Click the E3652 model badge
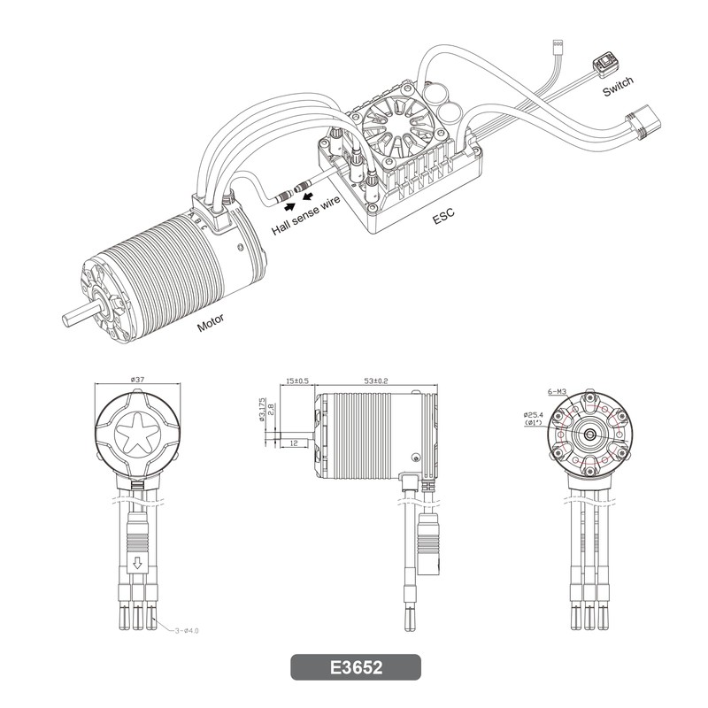click(x=356, y=667)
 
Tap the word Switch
click(x=618, y=86)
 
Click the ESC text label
click(x=443, y=216)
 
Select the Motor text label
click(x=211, y=322)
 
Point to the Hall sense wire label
click(x=305, y=214)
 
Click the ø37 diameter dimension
click(x=137, y=380)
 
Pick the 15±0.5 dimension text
click(x=297, y=381)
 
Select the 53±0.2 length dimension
click(x=375, y=381)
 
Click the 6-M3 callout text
click(x=558, y=391)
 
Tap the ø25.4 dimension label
click(x=534, y=414)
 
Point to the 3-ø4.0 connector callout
click(x=187, y=630)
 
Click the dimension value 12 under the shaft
click(x=294, y=443)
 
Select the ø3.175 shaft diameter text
click(x=262, y=410)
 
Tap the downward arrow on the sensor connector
click(x=138, y=563)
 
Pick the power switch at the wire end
click(x=605, y=65)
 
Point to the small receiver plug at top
click(x=558, y=45)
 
